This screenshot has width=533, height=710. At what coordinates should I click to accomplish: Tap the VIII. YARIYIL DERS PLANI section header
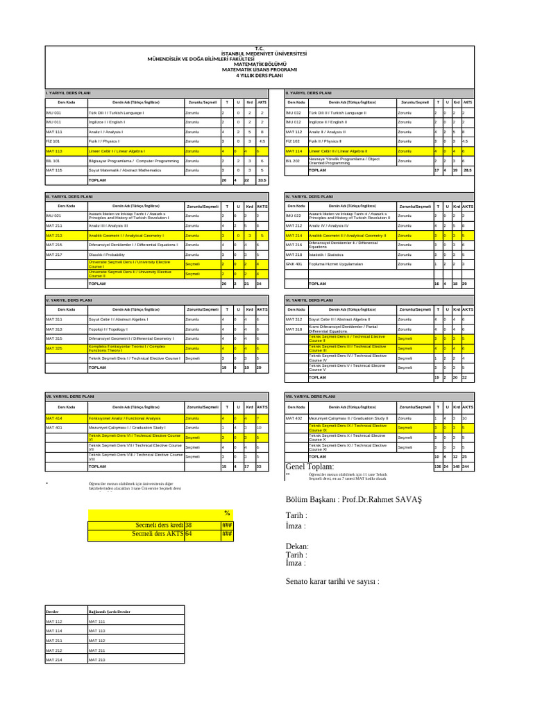pyautogui.click(x=309, y=396)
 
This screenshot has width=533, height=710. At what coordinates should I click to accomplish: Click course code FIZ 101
pyautogui.click(x=53, y=141)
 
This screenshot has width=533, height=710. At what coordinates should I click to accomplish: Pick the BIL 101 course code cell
pyautogui.click(x=53, y=160)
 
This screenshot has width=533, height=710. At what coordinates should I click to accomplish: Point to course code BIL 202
pyautogui.click(x=293, y=160)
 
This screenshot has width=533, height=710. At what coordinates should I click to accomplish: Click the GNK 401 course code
pyautogui.click(x=294, y=264)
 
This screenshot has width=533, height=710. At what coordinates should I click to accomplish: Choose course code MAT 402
pyautogui.click(x=294, y=419)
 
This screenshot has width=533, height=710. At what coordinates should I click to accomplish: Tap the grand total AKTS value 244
pyautogui.click(x=467, y=467)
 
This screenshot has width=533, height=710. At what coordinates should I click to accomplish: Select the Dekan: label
pyautogui.click(x=297, y=546)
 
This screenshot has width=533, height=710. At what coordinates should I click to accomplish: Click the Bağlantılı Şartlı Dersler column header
pyautogui.click(x=109, y=613)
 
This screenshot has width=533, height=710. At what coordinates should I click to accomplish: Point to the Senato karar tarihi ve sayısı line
pyautogui.click(x=332, y=581)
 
